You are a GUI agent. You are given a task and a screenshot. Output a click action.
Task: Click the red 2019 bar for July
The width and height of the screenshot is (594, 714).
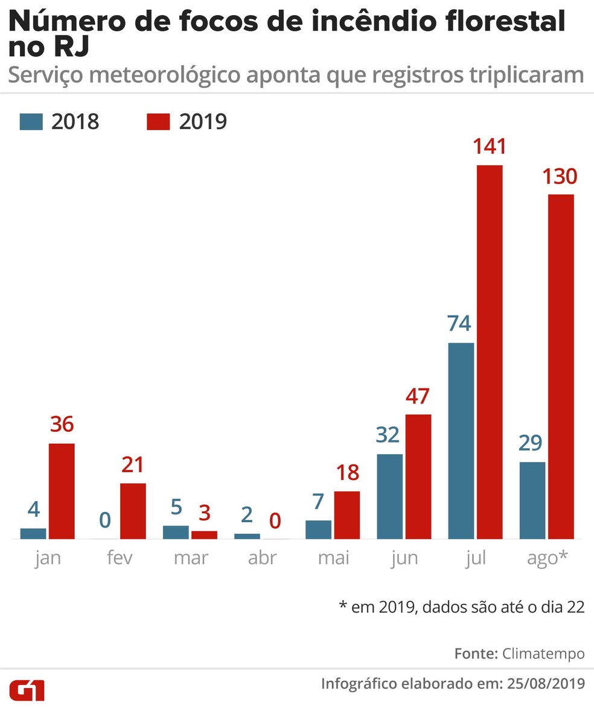pos(490,352)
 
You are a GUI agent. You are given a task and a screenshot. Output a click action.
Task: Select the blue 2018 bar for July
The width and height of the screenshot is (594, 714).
pos(461,441)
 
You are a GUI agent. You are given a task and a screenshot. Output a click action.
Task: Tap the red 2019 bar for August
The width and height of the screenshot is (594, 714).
pos(561,367)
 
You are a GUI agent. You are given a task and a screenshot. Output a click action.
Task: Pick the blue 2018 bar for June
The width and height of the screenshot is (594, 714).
pos(389,496)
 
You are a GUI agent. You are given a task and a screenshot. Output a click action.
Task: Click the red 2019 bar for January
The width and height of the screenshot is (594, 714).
pos(62,491)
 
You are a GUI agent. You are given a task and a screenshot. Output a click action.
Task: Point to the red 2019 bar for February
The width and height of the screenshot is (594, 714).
pos(133,511)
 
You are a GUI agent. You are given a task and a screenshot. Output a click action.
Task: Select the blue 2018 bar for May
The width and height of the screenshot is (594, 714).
pos(318,529)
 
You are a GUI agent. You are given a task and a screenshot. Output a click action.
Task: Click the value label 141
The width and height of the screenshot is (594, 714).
pos(490,146)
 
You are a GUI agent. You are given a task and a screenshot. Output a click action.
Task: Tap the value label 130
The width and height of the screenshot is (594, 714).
pos(560,177)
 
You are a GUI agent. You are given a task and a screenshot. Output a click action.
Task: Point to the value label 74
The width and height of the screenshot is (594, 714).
pos(459,323)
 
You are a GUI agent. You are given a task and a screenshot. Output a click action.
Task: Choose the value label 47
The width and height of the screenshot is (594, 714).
pos(418,396)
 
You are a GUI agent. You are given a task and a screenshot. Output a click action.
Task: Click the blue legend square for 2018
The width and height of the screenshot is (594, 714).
pos(31,121)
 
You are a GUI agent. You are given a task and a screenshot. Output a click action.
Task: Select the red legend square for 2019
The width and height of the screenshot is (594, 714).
pos(159,121)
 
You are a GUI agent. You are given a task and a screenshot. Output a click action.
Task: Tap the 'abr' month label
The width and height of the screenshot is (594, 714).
pos(262,558)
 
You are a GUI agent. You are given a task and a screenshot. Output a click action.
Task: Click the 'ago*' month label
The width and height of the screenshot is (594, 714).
pos(547,558)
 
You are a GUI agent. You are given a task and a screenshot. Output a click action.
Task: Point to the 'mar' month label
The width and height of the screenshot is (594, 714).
pos(191,558)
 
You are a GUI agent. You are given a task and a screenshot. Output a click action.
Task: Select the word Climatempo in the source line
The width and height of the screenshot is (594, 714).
pos(543,654)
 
